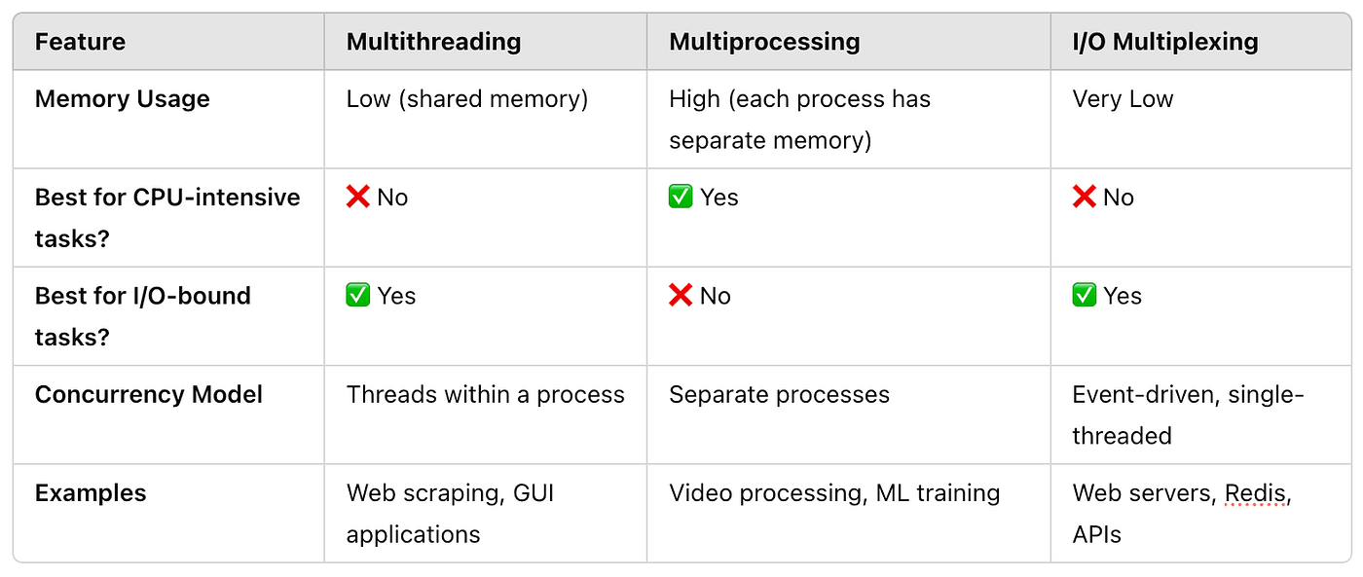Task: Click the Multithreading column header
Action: (433, 42)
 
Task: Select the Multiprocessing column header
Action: (764, 42)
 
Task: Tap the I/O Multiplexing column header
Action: (1164, 42)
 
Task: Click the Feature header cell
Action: (80, 42)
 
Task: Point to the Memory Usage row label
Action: (122, 99)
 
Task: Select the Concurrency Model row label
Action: (148, 395)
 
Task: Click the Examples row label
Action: (90, 493)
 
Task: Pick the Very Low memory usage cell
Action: (1123, 99)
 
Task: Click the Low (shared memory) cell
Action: (467, 99)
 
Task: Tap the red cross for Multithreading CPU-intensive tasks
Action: (358, 197)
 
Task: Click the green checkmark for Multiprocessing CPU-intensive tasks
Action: (681, 197)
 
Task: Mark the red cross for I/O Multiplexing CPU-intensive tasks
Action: (1084, 197)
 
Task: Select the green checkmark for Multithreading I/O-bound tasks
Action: (358, 296)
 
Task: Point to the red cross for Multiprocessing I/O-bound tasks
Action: (681, 296)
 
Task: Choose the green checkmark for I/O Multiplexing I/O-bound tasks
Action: (1084, 296)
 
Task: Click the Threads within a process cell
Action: (486, 395)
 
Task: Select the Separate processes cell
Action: (779, 395)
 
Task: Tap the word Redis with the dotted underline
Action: (1255, 493)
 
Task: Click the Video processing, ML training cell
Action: (834, 493)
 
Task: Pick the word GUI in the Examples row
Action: (534, 493)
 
